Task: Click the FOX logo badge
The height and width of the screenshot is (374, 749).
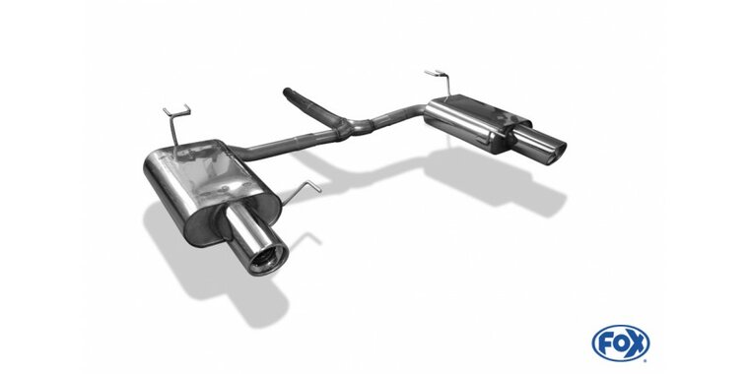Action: pos(621,343)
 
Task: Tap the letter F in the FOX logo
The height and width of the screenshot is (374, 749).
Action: pos(604,343)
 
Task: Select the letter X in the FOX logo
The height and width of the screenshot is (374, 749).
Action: pos(637,343)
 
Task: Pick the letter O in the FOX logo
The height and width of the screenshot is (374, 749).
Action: pos(621,343)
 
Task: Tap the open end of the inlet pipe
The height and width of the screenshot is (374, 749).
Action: pos(287,92)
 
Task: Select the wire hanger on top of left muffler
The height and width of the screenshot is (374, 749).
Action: pos(176,123)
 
